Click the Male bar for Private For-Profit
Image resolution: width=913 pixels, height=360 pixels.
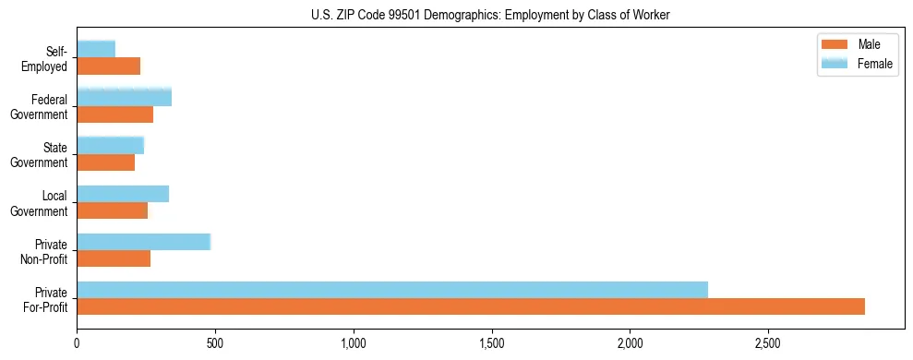(471, 306)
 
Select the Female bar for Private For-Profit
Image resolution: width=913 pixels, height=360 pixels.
(392, 290)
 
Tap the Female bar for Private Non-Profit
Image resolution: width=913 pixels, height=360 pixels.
(144, 242)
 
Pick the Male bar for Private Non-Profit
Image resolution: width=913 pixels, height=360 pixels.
(114, 258)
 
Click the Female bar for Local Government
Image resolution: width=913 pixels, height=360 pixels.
(123, 194)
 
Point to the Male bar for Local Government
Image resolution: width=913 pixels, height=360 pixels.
(113, 210)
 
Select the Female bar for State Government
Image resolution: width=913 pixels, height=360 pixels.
(111, 146)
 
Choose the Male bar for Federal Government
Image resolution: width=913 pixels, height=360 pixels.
(115, 114)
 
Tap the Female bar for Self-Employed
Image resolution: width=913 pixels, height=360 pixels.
(96, 49)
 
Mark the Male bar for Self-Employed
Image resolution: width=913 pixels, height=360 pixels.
(109, 66)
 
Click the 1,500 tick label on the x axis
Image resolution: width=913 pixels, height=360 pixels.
(491, 343)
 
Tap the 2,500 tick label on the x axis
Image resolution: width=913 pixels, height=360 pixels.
(768, 343)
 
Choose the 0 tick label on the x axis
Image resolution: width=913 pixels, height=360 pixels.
(77, 343)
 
